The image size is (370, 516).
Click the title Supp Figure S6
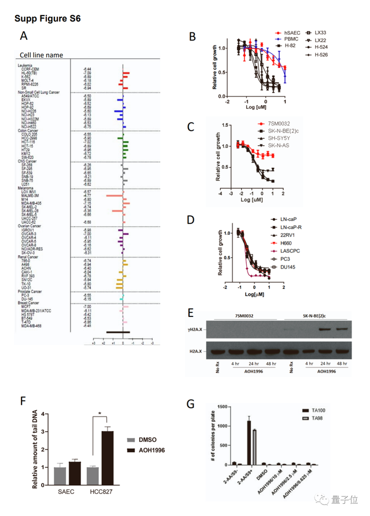[47, 19]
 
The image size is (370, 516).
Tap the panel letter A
[24, 36]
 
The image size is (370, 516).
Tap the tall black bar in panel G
[249, 443]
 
